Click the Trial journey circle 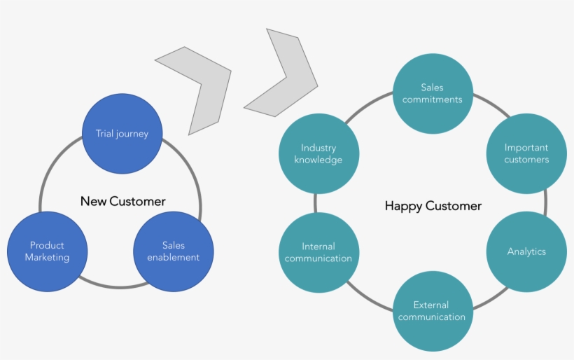[122, 134]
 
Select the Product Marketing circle [48, 251]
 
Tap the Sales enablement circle [173, 251]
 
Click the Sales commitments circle [432, 94]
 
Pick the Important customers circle [526, 153]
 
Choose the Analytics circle [526, 251]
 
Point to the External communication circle [432, 311]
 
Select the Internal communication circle [318, 252]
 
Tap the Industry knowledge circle [318, 153]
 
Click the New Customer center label [123, 202]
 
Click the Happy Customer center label [433, 206]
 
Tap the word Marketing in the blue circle [48, 257]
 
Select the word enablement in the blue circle [173, 257]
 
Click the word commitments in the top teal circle [432, 99]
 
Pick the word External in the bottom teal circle [432, 305]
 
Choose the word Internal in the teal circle [318, 246]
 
